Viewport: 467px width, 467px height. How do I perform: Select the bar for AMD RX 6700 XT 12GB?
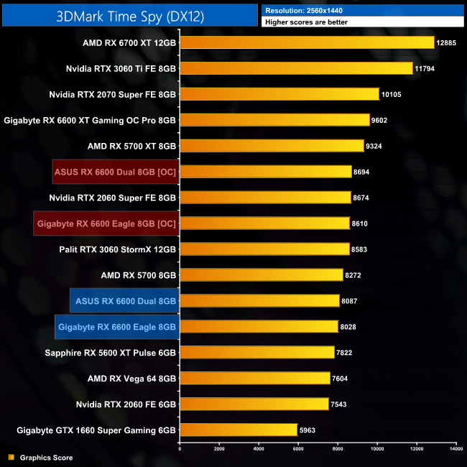tap(307, 42)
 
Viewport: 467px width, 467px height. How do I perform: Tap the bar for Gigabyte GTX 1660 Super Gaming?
tap(238, 430)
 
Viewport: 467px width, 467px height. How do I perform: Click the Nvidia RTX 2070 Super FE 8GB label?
tap(113, 94)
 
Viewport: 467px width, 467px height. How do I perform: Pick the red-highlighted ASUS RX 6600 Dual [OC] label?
tap(115, 172)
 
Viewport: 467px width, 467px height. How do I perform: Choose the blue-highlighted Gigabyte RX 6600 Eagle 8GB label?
tap(116, 327)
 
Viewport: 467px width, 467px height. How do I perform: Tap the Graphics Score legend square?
tap(10, 458)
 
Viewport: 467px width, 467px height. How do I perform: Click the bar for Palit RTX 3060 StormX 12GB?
tap(264, 249)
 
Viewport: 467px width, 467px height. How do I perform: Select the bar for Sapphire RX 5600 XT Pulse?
tap(256, 353)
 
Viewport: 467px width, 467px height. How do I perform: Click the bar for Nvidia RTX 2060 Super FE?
tap(265, 198)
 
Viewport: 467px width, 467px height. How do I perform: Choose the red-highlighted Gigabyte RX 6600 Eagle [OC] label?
tap(106, 223)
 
